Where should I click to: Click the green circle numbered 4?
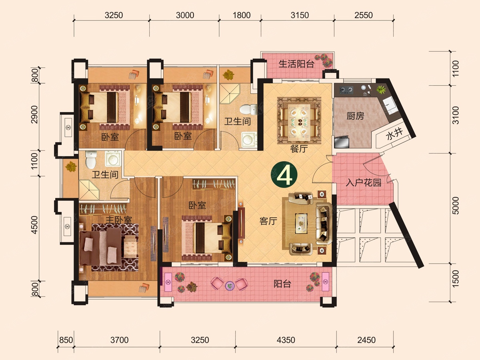pos(284,175)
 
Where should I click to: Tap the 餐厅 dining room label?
pos(299,149)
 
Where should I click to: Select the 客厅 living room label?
pos(268,221)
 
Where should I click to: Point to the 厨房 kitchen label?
pos(355,116)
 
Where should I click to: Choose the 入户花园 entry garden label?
pos(364,182)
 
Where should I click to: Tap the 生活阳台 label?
pos(296,64)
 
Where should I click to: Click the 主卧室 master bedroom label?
pos(119,220)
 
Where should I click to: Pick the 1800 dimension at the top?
pos(242,15)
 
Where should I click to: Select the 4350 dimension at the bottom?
pos(286,340)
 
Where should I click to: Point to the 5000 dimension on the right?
pos(455,206)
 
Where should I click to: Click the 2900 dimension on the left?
pos(34,114)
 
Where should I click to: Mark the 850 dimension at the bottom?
pos(66,340)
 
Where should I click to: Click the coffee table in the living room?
pos(302,223)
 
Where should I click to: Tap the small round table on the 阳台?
pos(230,286)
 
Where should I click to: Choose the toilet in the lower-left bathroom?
pos(91,160)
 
